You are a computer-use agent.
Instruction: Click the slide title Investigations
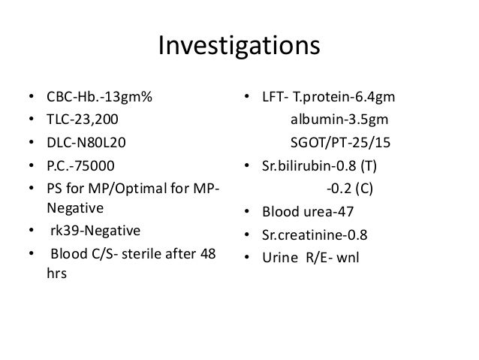239,47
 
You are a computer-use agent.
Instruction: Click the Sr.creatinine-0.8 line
314,235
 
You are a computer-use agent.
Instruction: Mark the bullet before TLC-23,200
30,119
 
